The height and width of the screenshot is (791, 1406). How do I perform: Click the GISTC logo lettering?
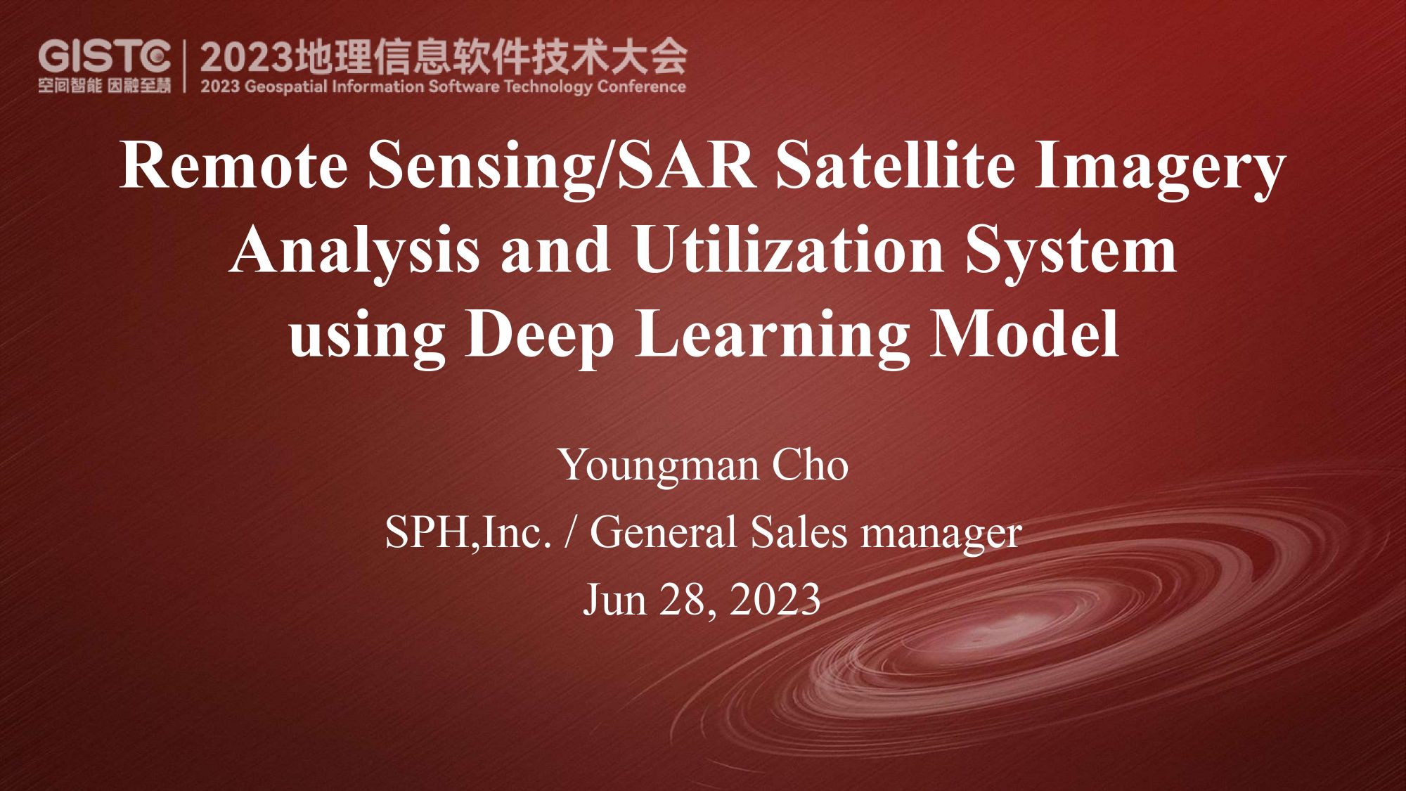pos(105,56)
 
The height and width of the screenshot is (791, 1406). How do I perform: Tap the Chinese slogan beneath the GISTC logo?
pos(105,86)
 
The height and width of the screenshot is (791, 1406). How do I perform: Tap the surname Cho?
pos(811,465)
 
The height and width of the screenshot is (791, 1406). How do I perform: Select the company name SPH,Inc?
pos(468,532)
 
